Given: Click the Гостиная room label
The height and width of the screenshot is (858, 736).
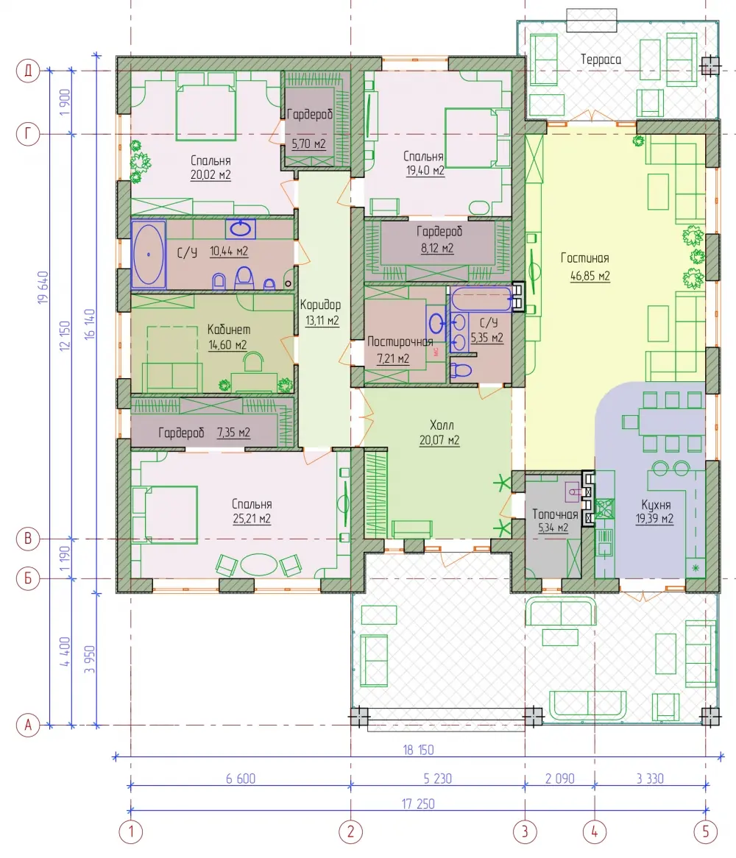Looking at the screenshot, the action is pyautogui.click(x=584, y=258).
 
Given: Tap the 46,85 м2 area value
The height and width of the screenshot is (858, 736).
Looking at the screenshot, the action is pyautogui.click(x=590, y=276).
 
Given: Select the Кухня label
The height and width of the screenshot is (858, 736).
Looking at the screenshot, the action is pyautogui.click(x=656, y=505).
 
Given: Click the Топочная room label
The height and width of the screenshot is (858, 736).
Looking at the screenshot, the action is pyautogui.click(x=555, y=514).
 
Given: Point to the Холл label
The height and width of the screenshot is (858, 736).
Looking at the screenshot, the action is pyautogui.click(x=442, y=425).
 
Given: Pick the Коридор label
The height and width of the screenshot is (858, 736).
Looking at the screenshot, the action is pyautogui.click(x=320, y=305).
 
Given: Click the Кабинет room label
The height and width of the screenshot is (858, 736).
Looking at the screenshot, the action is pyautogui.click(x=229, y=330).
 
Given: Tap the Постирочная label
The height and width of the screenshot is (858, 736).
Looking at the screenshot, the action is pyautogui.click(x=400, y=342).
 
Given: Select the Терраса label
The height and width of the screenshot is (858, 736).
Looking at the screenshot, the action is pyautogui.click(x=601, y=60).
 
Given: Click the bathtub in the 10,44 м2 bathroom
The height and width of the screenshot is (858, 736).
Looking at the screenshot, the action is pyautogui.click(x=148, y=254).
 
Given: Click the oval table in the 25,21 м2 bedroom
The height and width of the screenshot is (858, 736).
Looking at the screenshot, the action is pyautogui.click(x=259, y=564).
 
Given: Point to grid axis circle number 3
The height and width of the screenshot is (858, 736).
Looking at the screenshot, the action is pyautogui.click(x=525, y=832).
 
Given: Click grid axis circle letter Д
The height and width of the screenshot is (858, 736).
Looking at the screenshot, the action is pyautogui.click(x=28, y=71).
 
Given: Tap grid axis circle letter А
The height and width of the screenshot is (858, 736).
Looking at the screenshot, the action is pyautogui.click(x=28, y=726).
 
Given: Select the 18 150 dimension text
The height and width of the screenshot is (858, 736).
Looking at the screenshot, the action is pyautogui.click(x=418, y=750).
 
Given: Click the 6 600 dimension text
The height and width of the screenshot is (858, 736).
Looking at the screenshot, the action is pyautogui.click(x=241, y=779).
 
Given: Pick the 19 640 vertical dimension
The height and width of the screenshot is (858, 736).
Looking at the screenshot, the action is pyautogui.click(x=43, y=287).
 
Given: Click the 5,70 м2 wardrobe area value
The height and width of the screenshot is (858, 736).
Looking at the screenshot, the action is pyautogui.click(x=308, y=144).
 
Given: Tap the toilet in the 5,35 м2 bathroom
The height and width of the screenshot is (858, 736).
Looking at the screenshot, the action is pyautogui.click(x=461, y=370).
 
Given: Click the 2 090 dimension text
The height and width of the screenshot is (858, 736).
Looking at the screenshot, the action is pyautogui.click(x=560, y=779).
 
